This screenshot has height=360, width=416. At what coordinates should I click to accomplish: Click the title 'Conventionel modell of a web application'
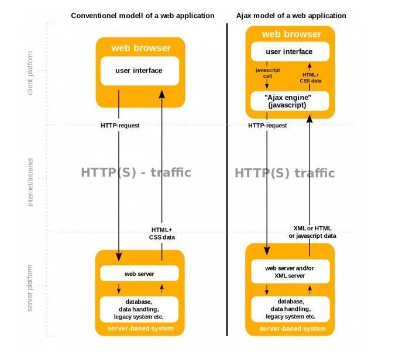pyautogui.click(x=142, y=15)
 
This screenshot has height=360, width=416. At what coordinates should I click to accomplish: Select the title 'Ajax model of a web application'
pyautogui.click(x=291, y=15)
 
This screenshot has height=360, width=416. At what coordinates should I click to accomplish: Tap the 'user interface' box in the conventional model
pyautogui.click(x=139, y=71)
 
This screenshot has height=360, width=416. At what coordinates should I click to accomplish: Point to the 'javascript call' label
pyautogui.click(x=268, y=72)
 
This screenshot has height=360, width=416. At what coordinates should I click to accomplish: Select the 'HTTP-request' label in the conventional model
pyautogui.click(x=120, y=125)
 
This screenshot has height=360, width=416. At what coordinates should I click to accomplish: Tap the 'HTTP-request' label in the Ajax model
pyautogui.click(x=267, y=125)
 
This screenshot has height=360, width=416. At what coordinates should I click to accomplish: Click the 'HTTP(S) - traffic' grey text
pyautogui.click(x=136, y=172)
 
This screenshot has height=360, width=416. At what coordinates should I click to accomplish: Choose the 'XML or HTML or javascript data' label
pyautogui.click(x=312, y=231)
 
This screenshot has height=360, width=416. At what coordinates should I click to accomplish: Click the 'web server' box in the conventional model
pyautogui.click(x=139, y=273)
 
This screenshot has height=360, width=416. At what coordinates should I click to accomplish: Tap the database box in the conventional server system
pyautogui.click(x=139, y=309)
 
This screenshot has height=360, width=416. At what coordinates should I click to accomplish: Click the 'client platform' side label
pyautogui.click(x=30, y=72)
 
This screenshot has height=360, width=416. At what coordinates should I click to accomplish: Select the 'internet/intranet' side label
pyautogui.click(x=30, y=181)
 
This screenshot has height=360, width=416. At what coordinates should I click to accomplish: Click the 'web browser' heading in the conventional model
pyautogui.click(x=141, y=47)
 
